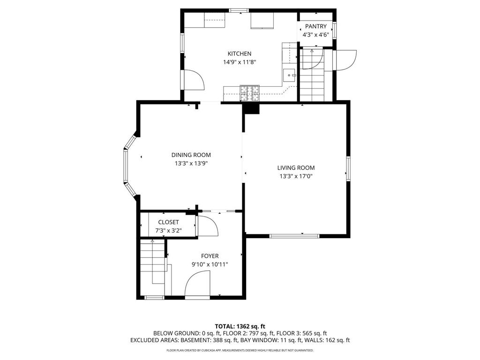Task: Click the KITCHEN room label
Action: tap(240, 53)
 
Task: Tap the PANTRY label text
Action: tap(315, 26)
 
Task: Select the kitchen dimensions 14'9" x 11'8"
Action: tap(240, 62)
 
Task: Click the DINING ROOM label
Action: tap(191, 155)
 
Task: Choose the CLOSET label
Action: tap(168, 222)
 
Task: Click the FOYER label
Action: tap(210, 256)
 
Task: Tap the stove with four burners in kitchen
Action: tap(250, 92)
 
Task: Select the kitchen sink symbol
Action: tap(289, 74)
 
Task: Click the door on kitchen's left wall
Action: tap(193, 80)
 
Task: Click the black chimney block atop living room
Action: tap(251, 108)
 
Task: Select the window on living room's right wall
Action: tap(348, 168)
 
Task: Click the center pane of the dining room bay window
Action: tap(125, 164)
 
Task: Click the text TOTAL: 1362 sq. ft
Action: tap(240, 326)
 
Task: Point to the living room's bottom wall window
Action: tap(294, 236)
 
